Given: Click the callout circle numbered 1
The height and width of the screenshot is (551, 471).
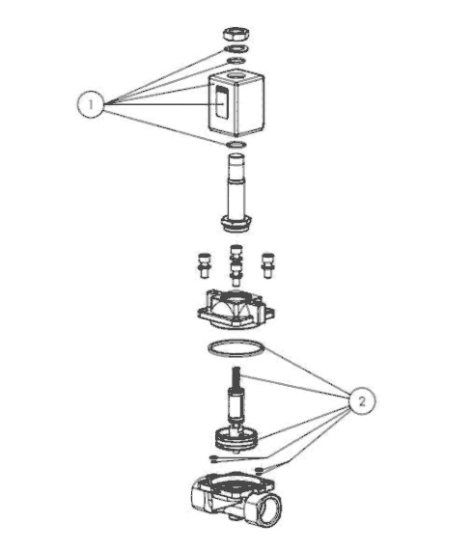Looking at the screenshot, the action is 91,104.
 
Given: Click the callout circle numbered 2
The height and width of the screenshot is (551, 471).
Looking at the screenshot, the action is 362,401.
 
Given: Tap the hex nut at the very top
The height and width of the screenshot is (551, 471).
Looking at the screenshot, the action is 236,34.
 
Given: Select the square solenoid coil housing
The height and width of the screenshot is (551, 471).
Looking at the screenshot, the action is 236,104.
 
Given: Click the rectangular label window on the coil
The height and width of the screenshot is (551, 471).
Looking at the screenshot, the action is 221,103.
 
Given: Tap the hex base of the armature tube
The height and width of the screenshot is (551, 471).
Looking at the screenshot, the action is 236,224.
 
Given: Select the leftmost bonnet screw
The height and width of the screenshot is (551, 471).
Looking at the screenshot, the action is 204,265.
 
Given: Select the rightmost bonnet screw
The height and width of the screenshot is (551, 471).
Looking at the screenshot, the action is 268,265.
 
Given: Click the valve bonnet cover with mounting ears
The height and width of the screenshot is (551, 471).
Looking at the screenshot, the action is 235,309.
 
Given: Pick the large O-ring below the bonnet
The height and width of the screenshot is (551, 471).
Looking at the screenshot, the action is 236,348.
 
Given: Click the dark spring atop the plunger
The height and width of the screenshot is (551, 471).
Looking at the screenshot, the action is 236,376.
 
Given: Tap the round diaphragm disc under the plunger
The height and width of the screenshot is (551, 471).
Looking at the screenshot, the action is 236,438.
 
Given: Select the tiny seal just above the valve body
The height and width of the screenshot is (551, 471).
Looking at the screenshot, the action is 259,470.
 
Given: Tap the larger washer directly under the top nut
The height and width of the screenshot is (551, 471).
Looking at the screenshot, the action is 236,48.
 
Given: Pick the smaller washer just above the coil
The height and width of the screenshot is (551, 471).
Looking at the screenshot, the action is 236,61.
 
